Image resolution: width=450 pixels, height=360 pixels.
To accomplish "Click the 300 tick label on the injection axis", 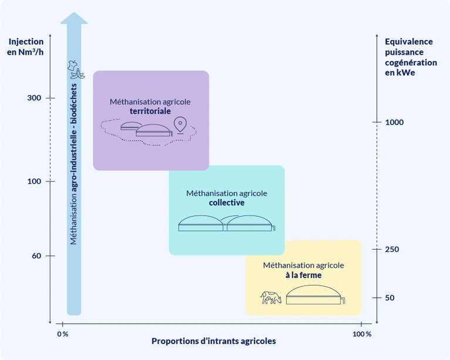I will pos(34,98).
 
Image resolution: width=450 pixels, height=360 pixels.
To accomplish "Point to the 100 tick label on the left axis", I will pos(34,181).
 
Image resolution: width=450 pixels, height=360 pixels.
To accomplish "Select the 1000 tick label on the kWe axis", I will pos(395,122).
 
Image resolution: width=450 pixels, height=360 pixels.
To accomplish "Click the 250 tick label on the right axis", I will pos(393,250).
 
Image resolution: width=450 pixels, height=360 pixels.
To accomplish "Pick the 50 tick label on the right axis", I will pos(390,298).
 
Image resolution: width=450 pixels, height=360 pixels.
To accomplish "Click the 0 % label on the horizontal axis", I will pos(62,334).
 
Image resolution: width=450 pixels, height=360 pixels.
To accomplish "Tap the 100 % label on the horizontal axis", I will pos(361,334).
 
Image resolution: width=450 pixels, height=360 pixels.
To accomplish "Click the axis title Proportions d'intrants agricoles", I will pos(214,341).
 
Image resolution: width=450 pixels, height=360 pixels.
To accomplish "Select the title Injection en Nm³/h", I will pos(26,46).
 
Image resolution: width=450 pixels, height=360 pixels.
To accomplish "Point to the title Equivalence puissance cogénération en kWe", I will pos(410,57).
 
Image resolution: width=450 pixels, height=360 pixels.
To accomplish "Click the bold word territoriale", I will pos(150,110).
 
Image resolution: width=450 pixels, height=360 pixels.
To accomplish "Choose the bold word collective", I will pos(226,203).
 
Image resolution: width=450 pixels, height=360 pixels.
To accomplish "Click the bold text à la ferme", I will pos(303,275).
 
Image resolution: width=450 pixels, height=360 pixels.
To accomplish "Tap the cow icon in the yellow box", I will pos(271,297).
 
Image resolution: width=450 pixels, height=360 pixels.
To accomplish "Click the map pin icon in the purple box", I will pos(180,125).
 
